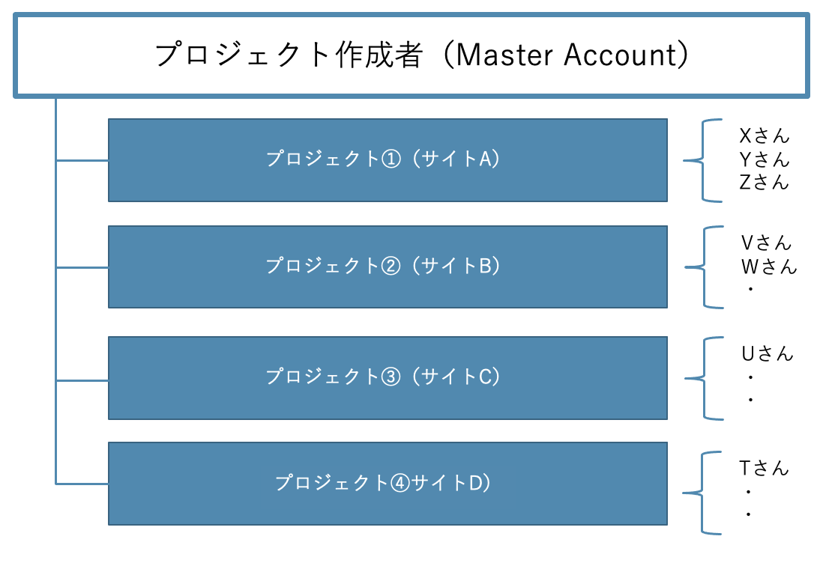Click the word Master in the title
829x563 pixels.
pos(504,55)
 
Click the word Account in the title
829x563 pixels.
pos(620,55)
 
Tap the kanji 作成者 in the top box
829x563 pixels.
pos(379,55)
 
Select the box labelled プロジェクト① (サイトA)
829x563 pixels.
pos(388,160)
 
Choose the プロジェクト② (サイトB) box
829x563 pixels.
pos(388,267)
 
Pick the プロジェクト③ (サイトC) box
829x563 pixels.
pos(388,378)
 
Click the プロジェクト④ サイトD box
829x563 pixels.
pos(388,484)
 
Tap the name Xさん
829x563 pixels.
pos(764,136)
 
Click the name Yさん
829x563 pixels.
pos(764,159)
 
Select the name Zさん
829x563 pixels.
pos(764,182)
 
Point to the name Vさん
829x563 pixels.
pos(766,243)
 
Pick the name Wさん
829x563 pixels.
pos(769,267)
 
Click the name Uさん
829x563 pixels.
pos(767,353)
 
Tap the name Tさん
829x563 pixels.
pos(764,468)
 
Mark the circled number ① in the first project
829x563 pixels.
pos(391,159)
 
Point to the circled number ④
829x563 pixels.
pos(400,483)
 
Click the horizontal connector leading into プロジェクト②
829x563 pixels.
pos(82,268)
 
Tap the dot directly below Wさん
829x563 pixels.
pos(750,289)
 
